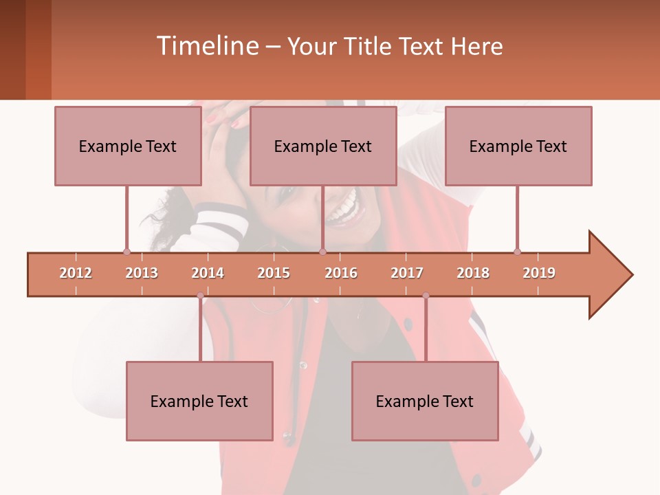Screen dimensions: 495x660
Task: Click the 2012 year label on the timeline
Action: point(76,273)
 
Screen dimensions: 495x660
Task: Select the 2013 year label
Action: point(142,273)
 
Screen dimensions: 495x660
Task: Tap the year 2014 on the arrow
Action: point(208,273)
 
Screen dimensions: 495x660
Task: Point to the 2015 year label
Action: point(274,273)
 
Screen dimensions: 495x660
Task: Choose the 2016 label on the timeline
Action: point(341,273)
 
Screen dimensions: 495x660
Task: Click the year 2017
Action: point(407,273)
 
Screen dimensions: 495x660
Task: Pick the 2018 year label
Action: point(473,273)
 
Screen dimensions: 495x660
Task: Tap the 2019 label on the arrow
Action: point(539,273)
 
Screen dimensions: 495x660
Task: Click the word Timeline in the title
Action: point(206,46)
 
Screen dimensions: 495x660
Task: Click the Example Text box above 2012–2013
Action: point(128,146)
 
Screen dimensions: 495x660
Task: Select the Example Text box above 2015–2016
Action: point(323,146)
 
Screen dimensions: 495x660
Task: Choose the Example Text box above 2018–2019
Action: point(518,146)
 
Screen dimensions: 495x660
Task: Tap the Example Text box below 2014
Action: point(199,401)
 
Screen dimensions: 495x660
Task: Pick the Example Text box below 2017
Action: point(425,401)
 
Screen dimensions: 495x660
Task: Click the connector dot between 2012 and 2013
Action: point(126,252)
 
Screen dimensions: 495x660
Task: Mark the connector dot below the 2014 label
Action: point(200,296)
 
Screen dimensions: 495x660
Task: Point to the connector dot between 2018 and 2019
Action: point(517,252)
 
